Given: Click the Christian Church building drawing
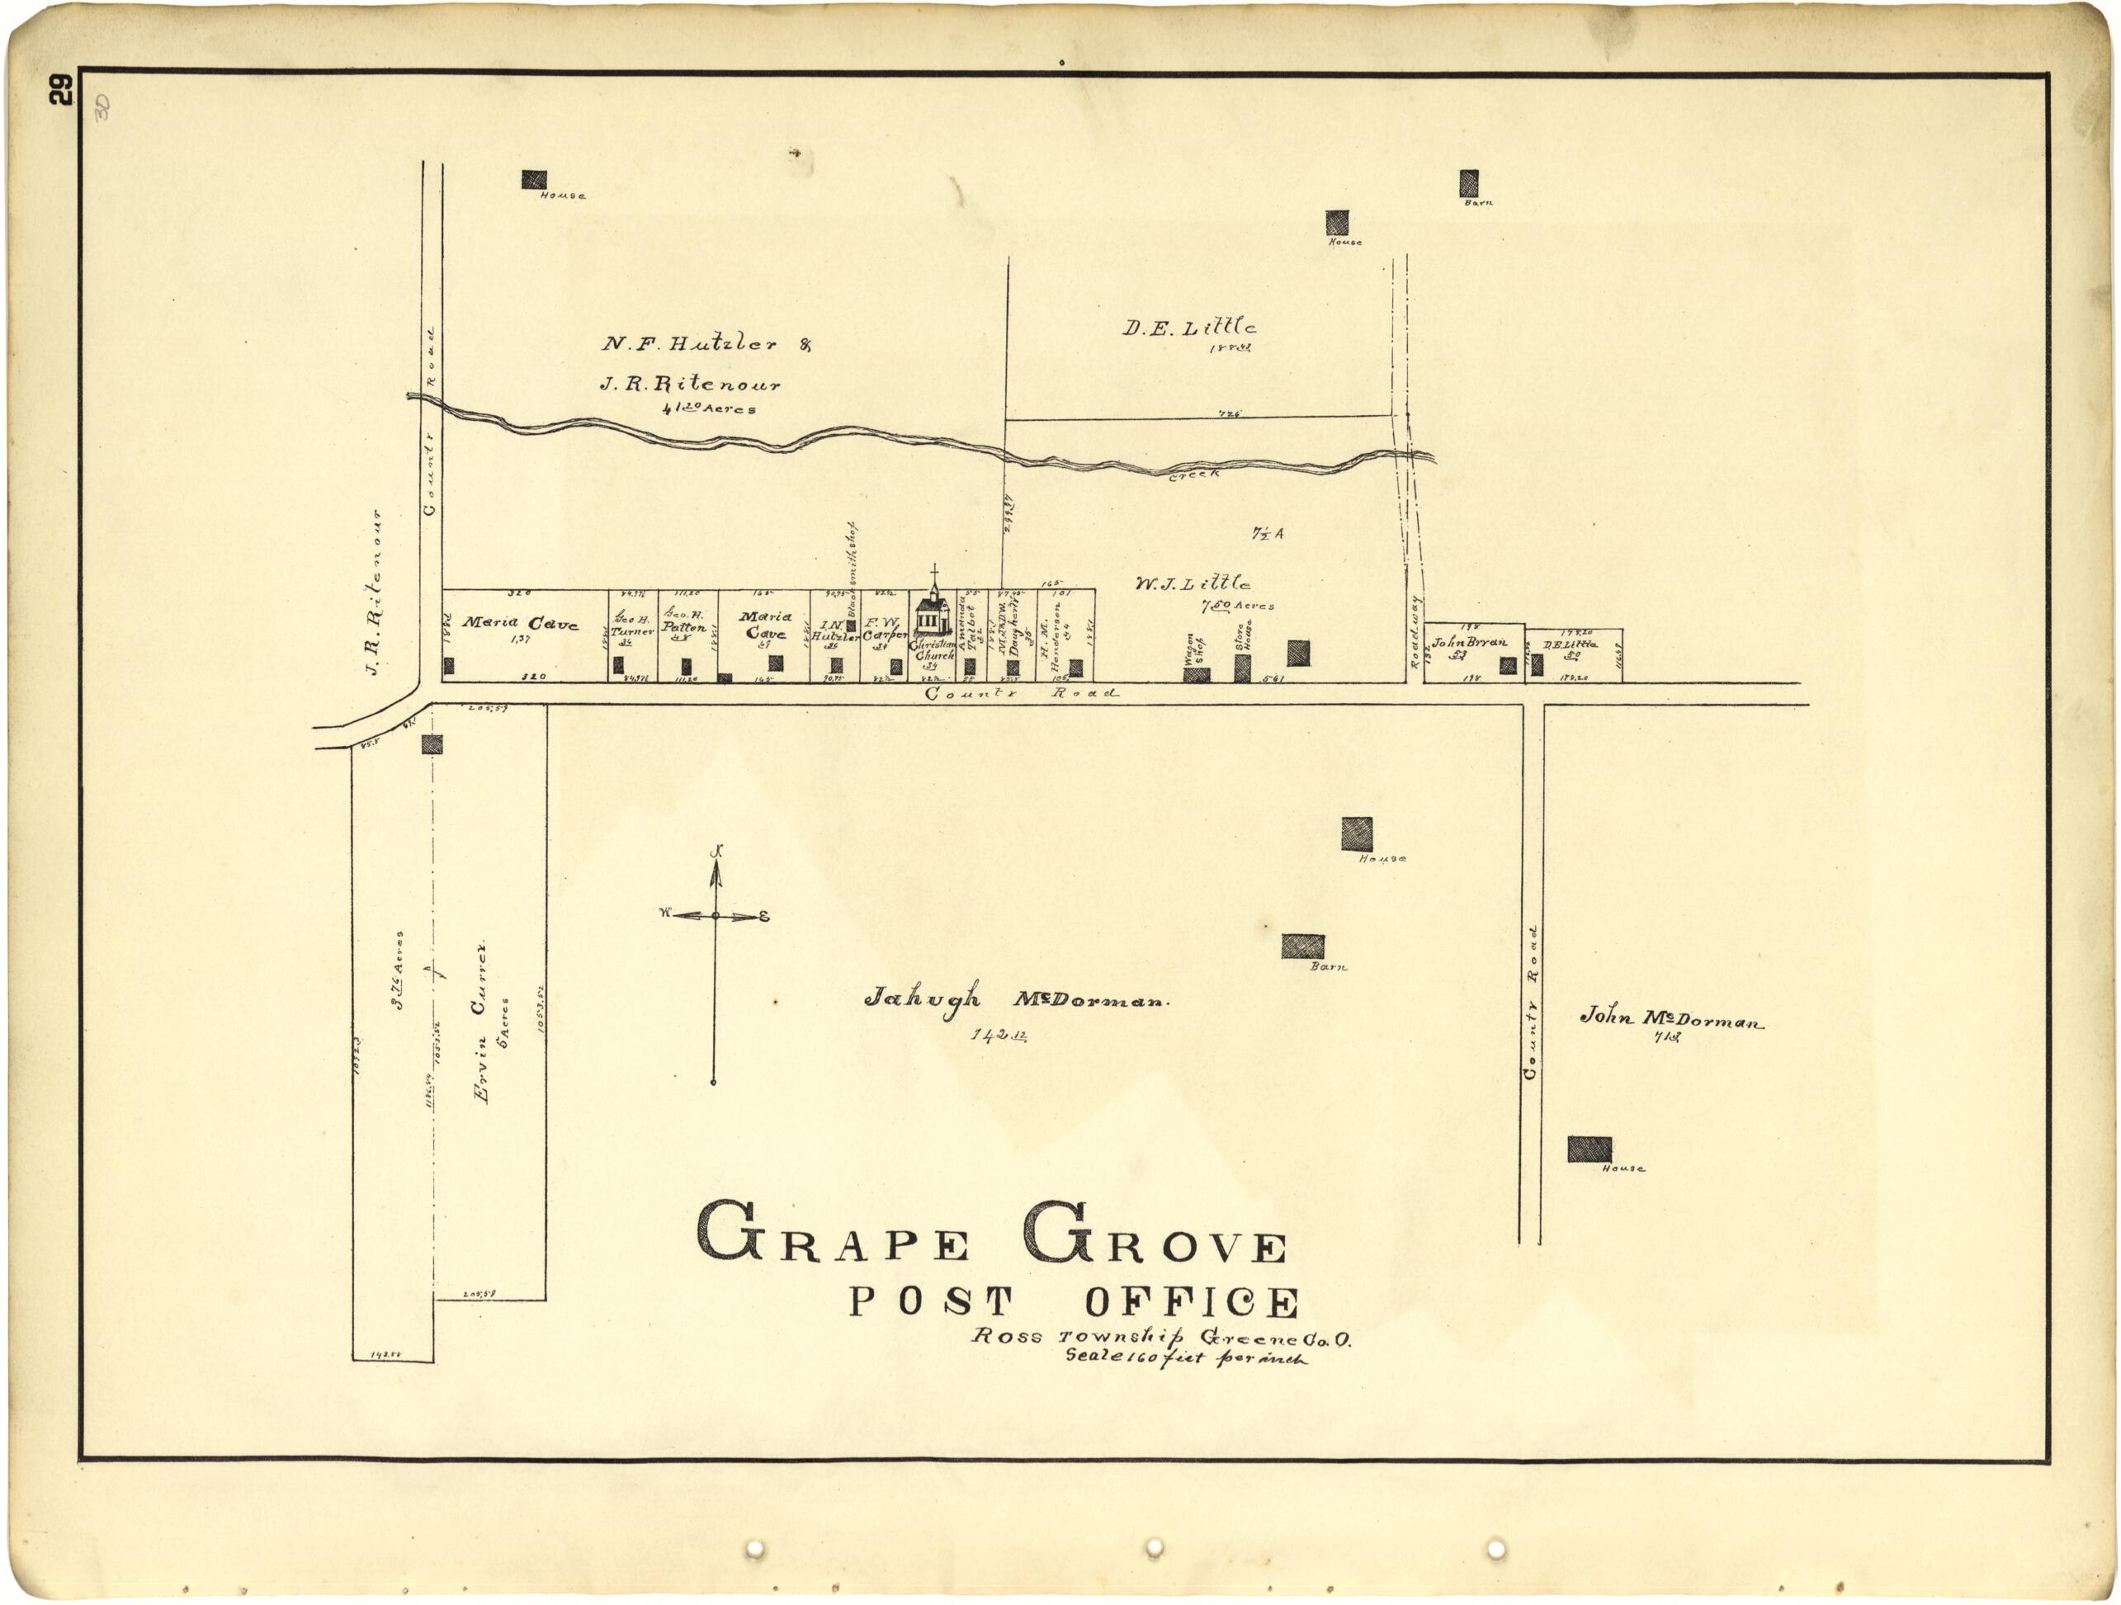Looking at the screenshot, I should pos(929,614).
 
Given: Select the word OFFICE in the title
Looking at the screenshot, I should pos(1192,1303).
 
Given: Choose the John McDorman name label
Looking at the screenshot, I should pos(1670,1018).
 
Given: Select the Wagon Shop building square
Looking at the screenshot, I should pos(1196,675).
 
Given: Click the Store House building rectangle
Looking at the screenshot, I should pos(1242,668).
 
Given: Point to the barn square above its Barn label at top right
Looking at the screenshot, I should pos(1468,183).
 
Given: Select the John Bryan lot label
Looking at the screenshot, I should pos(1469,642).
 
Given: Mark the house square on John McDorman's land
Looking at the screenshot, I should pos(1589,1149).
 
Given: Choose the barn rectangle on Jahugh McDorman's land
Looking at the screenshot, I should pos(1302,946).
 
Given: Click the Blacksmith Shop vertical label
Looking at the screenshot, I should pos(851,573).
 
